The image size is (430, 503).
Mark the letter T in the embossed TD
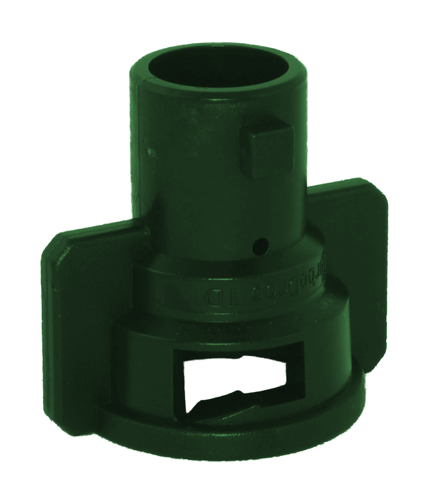coord(226,298)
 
